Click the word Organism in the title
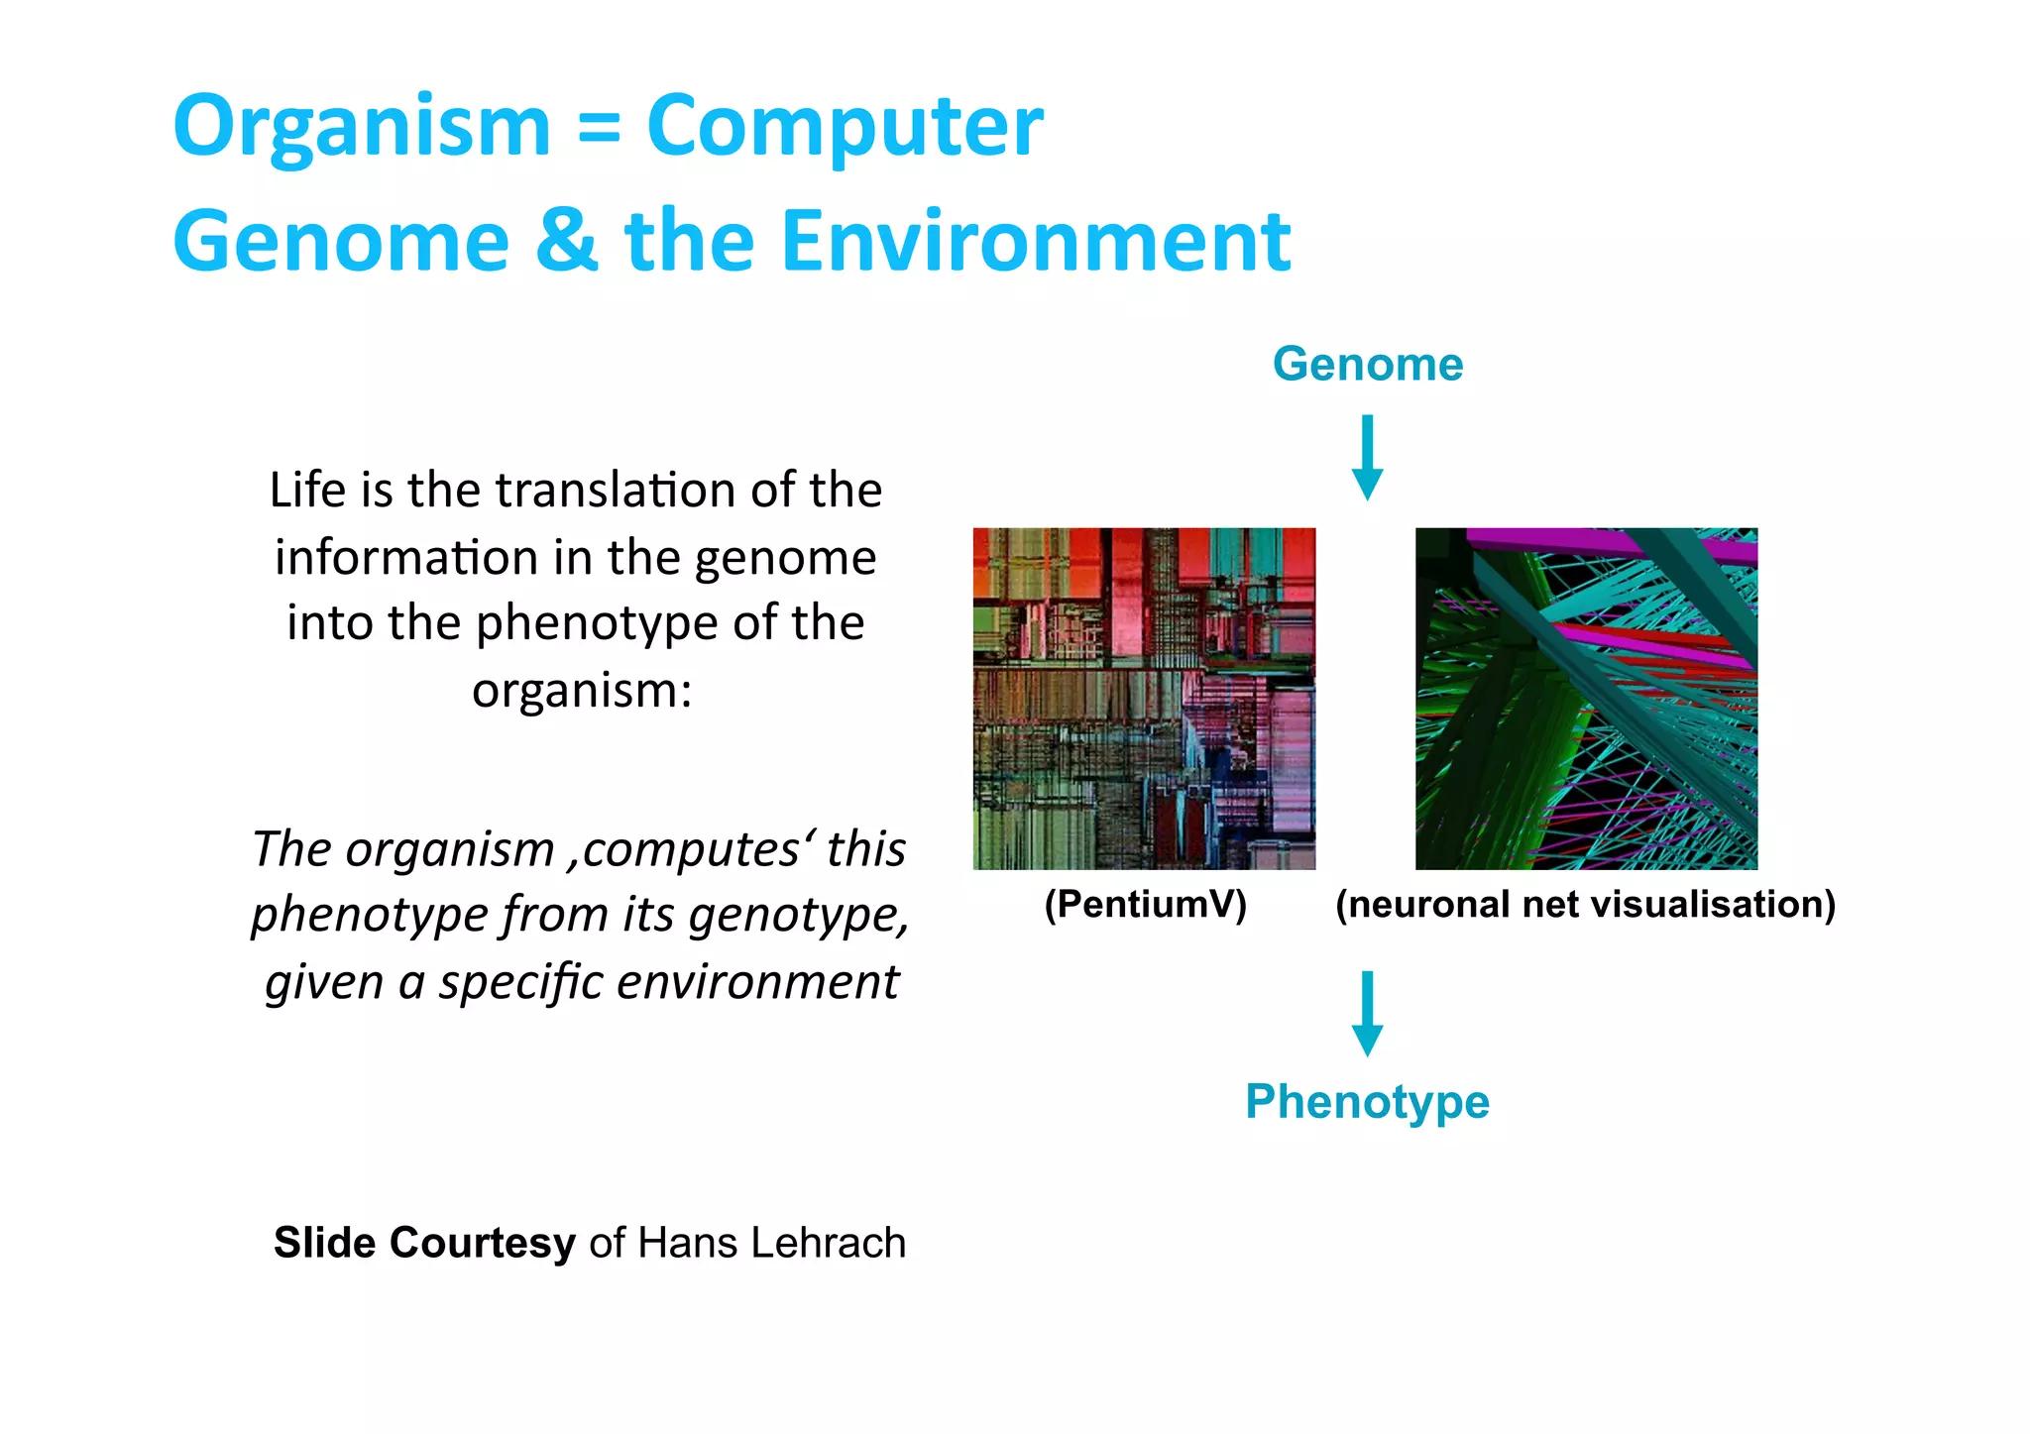coord(361,127)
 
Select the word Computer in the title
coord(845,127)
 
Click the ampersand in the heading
coord(566,241)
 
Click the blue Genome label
coord(1367,364)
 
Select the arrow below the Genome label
coord(1367,457)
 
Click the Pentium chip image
coord(1144,699)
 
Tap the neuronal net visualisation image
coord(1586,699)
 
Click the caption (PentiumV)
coord(1145,904)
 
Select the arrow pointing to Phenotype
coord(1367,1013)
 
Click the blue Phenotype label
coord(1367,1101)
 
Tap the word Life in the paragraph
coord(306,490)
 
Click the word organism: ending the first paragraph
coord(581,690)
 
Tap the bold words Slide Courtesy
coord(424,1243)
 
